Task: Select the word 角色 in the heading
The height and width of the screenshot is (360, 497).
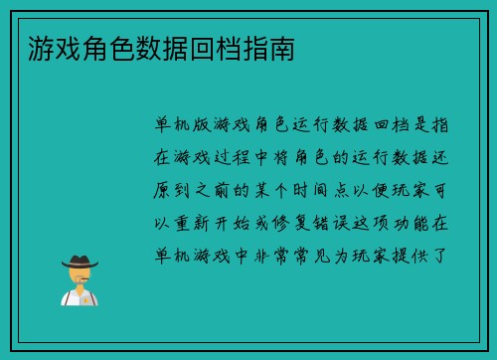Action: click(98, 47)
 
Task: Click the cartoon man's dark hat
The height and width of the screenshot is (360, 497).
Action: click(81, 262)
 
